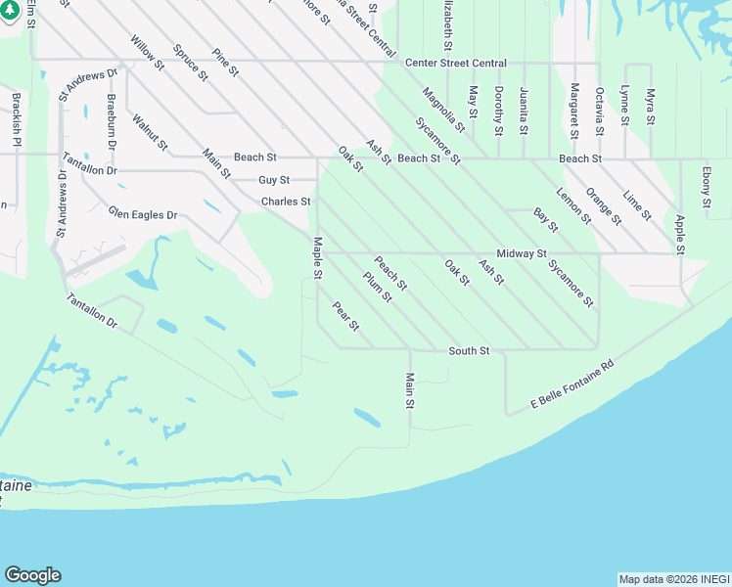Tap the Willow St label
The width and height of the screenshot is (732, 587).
pyautogui.click(x=148, y=52)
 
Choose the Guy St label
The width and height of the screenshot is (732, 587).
pyautogui.click(x=274, y=180)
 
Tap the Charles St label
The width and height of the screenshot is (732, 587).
pyautogui.click(x=285, y=202)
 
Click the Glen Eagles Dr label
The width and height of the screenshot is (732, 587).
pyautogui.click(x=143, y=213)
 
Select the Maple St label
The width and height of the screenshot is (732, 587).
pyautogui.click(x=317, y=257)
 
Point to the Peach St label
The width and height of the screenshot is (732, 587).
pyautogui.click(x=390, y=272)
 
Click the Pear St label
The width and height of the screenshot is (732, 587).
pyautogui.click(x=345, y=316)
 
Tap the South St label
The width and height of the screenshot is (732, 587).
pyautogui.click(x=469, y=350)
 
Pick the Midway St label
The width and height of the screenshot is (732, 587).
pyautogui.click(x=521, y=253)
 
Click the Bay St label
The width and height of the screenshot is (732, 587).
pyautogui.click(x=545, y=220)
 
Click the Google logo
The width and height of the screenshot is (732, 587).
pyautogui.click(x=32, y=575)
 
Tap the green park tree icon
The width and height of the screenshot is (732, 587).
pyautogui.click(x=10, y=11)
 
